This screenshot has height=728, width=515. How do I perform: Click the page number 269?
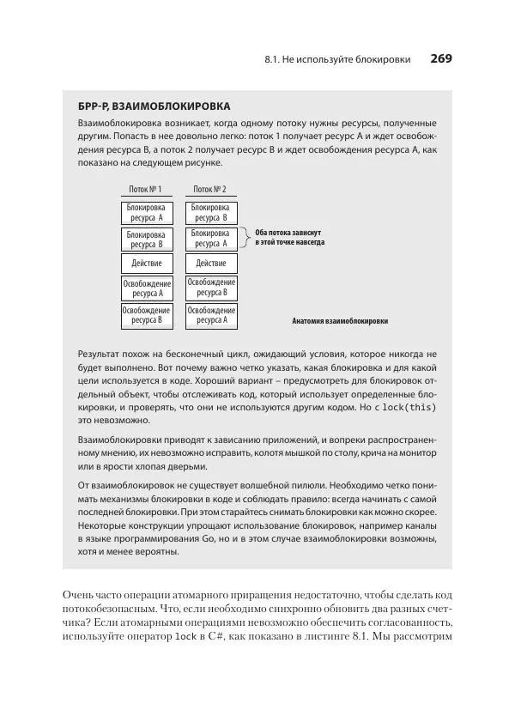point(440,59)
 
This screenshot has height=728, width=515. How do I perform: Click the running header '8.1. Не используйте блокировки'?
point(337,60)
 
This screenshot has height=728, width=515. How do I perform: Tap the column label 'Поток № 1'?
point(145,189)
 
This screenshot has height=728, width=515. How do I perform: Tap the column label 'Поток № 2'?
point(210,189)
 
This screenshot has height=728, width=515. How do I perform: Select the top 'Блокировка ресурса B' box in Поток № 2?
point(210,213)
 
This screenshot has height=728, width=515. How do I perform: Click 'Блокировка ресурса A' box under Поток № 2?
point(210,238)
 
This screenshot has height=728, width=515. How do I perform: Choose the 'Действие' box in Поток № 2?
point(210,264)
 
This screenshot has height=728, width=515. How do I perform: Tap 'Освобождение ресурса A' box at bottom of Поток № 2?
point(210,315)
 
